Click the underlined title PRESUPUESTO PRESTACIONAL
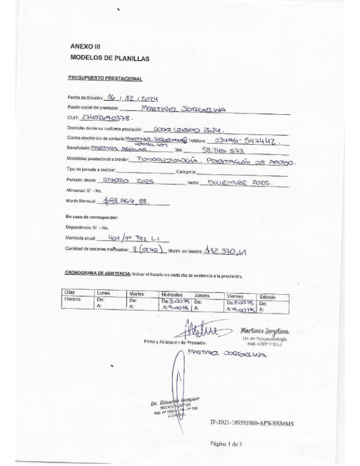coord(105,78)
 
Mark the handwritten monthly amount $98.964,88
coord(126,200)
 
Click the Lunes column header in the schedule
coord(104,292)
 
